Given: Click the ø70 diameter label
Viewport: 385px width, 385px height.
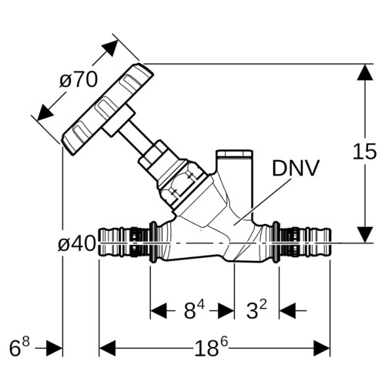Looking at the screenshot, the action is tap(79, 79).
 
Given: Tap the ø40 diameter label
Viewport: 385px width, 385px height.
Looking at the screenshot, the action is tap(77, 243).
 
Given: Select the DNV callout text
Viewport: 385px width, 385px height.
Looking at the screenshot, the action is tap(296, 168).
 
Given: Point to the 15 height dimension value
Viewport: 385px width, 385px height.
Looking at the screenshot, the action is tap(364, 151).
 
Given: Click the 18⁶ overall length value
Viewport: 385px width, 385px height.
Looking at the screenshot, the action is tap(211, 347).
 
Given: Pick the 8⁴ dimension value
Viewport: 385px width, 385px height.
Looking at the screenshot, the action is tap(194, 310).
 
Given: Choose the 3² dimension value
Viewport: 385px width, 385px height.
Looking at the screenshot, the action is tap(256, 310).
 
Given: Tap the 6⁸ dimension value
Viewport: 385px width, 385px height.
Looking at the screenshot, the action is tap(19, 347).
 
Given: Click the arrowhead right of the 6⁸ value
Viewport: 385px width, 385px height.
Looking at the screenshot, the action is tap(54, 348).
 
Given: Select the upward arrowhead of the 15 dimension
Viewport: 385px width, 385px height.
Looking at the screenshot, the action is tap(365, 72).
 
